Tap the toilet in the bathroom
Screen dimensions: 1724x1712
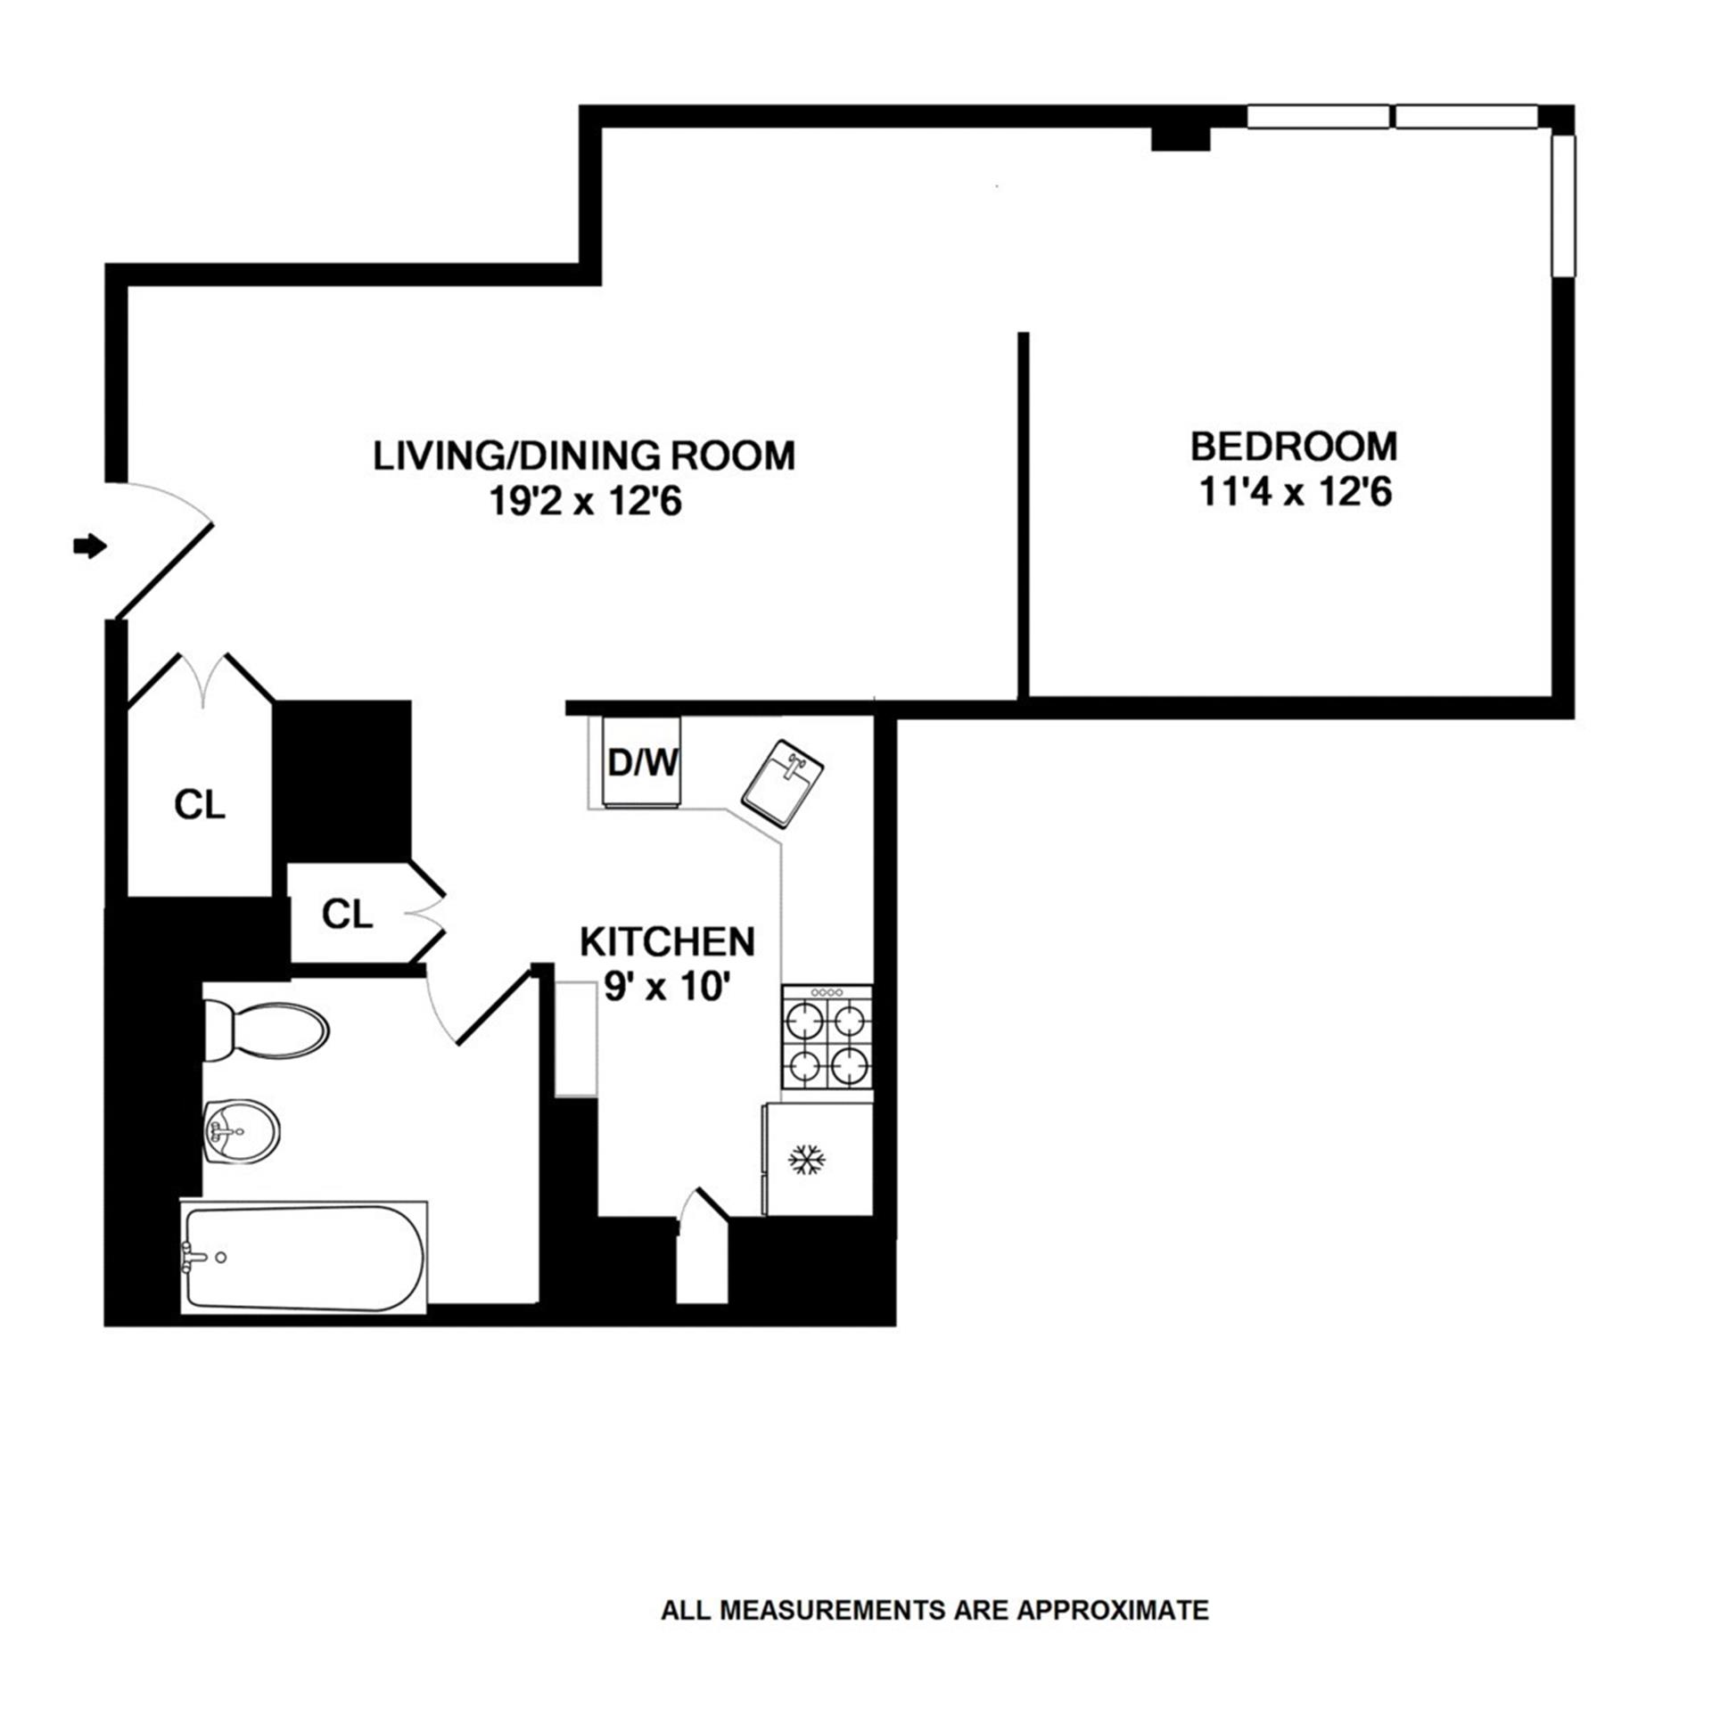pyautogui.click(x=267, y=1029)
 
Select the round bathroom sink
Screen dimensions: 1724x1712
pyautogui.click(x=242, y=1131)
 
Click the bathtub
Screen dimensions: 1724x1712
pyautogui.click(x=303, y=1257)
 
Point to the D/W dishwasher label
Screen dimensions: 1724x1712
pyautogui.click(x=642, y=763)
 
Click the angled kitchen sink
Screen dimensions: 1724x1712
pyautogui.click(x=784, y=780)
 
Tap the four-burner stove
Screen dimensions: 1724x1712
pyautogui.click(x=827, y=1037)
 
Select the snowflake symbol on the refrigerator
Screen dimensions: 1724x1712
pyautogui.click(x=806, y=1160)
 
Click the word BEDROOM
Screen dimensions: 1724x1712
pyautogui.click(x=1294, y=447)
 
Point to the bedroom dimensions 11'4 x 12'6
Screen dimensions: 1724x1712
pyautogui.click(x=1296, y=493)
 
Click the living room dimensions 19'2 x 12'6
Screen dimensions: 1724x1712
pyautogui.click(x=585, y=502)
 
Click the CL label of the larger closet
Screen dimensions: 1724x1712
pyautogui.click(x=199, y=806)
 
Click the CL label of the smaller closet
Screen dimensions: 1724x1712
pyautogui.click(x=346, y=914)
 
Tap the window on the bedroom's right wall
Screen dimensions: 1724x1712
pyautogui.click(x=1562, y=205)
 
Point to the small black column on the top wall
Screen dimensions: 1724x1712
pyautogui.click(x=1180, y=138)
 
